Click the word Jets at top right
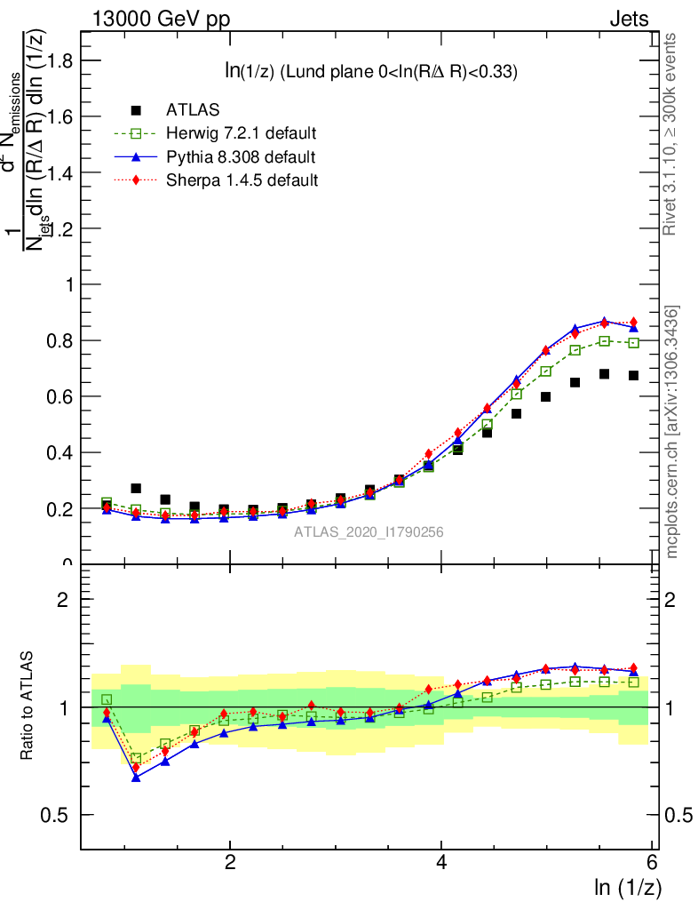click(x=628, y=19)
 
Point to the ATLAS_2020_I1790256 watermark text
click(x=369, y=531)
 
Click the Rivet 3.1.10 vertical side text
click(x=671, y=133)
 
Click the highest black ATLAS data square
click(x=604, y=374)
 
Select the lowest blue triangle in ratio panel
click(x=136, y=777)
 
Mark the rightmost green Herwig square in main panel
click(x=633, y=342)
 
